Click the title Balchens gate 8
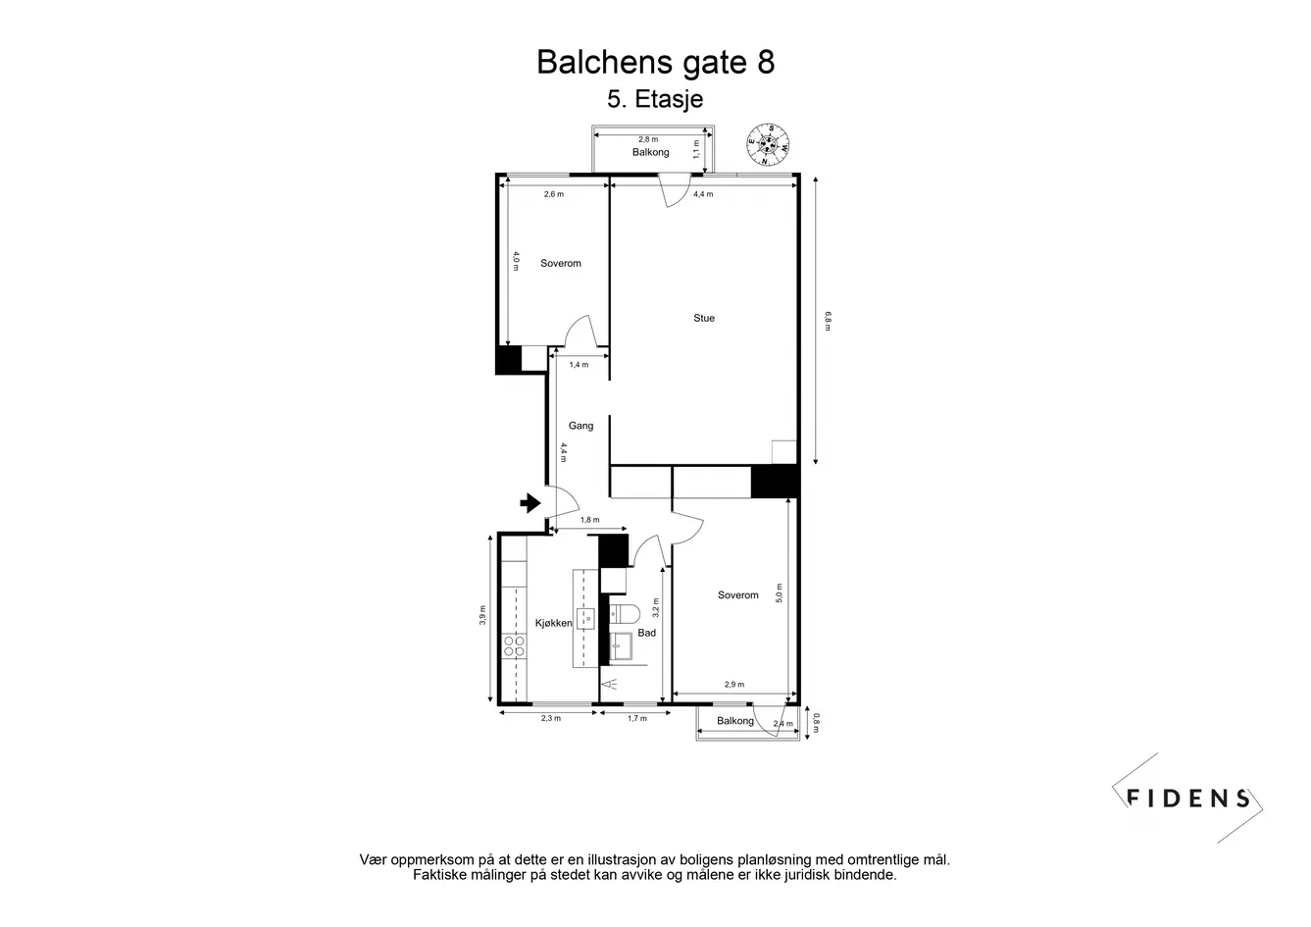[x=655, y=63]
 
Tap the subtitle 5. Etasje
[x=655, y=99]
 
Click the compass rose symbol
[x=768, y=144]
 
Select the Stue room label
[x=704, y=318]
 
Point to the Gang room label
[x=580, y=426]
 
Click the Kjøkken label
[x=553, y=623]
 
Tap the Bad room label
[x=647, y=633]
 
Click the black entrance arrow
[x=530, y=503]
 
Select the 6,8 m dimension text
[x=828, y=321]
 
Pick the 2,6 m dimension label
[x=554, y=194]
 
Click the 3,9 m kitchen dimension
[x=482, y=615]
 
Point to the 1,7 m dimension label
[x=637, y=718]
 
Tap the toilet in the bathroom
[x=625, y=614]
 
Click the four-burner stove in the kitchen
[x=515, y=646]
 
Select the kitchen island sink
[x=585, y=619]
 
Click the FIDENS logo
[x=1187, y=798]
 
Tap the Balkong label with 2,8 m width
[x=650, y=152]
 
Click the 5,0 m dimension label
[x=779, y=592]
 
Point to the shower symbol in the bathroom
[x=612, y=684]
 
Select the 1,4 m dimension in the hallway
[x=579, y=365]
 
